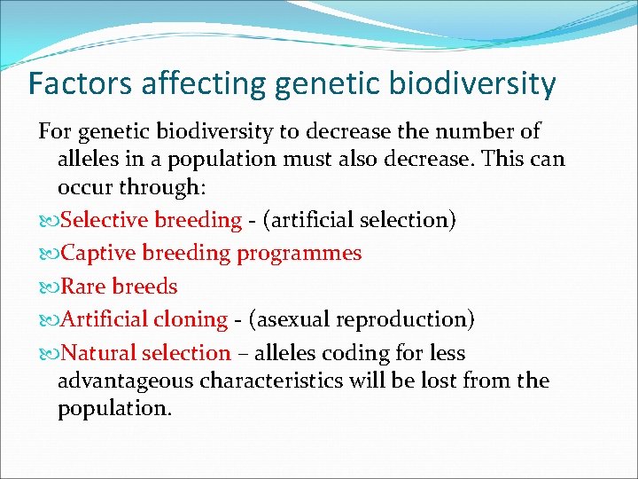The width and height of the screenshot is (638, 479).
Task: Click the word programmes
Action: [299, 254]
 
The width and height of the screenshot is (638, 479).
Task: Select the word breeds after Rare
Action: [144, 287]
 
